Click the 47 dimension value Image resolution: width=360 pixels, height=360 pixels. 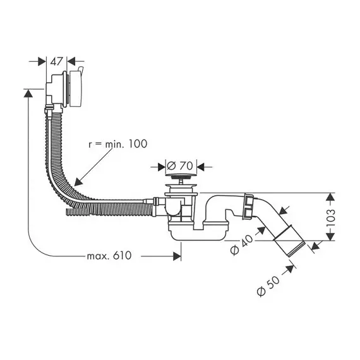tap(56, 61)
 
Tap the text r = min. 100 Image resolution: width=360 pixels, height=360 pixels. tap(117, 144)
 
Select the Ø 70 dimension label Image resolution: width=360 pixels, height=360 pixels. tap(180, 165)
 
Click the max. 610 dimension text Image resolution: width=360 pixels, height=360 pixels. tap(109, 256)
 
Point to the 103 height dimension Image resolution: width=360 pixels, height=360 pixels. tap(330, 218)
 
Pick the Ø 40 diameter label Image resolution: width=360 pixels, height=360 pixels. tap(241, 244)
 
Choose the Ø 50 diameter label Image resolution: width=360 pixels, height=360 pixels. tap(268, 285)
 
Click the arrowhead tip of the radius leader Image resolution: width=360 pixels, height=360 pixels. tap(75, 186)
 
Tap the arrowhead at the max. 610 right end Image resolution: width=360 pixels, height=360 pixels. tap(181, 256)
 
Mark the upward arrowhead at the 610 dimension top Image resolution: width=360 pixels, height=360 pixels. tap(28, 89)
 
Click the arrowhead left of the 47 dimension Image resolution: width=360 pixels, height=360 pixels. tap(46, 61)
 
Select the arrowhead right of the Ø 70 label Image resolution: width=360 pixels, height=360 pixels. tap(197, 167)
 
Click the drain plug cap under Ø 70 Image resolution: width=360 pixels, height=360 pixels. tap(181, 176)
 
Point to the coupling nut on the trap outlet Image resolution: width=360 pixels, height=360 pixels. tap(248, 206)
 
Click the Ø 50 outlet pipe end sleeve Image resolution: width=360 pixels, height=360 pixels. tap(289, 241)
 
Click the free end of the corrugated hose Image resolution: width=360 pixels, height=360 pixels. tap(68, 212)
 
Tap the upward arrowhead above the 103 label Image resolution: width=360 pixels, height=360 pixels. tap(330, 193)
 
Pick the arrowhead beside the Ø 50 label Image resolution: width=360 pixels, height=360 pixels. tap(295, 267)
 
